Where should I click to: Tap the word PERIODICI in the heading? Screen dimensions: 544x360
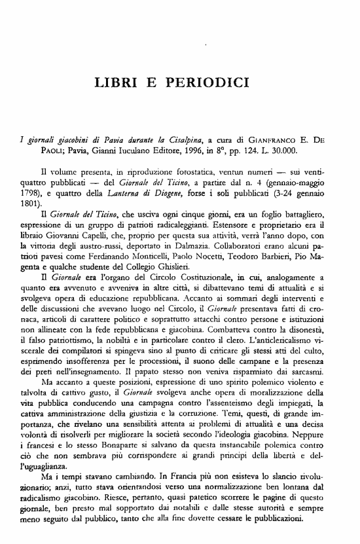pyautogui.click(x=213, y=83)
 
